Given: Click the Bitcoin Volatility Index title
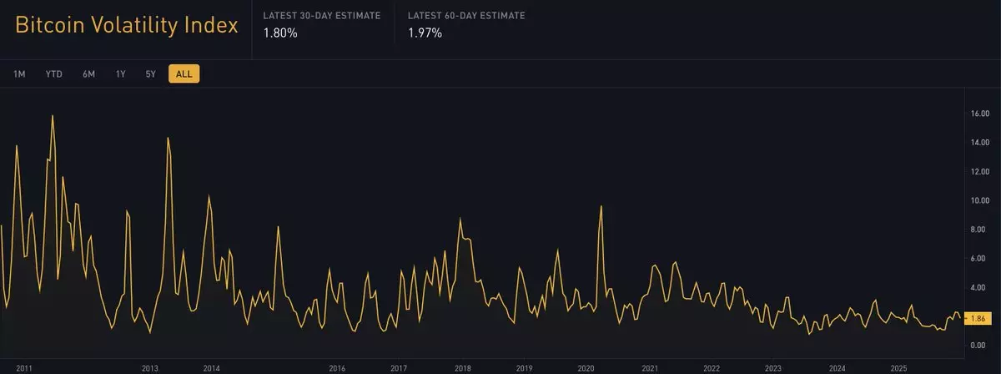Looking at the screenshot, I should coord(127,26).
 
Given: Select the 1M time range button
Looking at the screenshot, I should coord(19,74).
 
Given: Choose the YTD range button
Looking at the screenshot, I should coord(54,74).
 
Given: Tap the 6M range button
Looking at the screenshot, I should coord(88,74).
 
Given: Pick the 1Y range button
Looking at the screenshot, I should coord(121,74).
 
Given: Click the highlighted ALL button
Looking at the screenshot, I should coord(184,74).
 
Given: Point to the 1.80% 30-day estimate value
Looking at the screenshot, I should coord(280,33).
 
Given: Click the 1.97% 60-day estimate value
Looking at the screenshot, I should coord(425,33).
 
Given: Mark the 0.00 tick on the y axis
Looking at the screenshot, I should coord(980,345).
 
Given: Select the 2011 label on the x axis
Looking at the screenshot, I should coord(24,368).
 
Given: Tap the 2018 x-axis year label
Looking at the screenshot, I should coord(462,368).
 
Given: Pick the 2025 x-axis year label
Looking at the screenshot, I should coord(898,368).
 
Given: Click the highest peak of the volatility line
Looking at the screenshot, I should coord(53,116).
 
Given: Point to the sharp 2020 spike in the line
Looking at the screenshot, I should coord(601,206).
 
